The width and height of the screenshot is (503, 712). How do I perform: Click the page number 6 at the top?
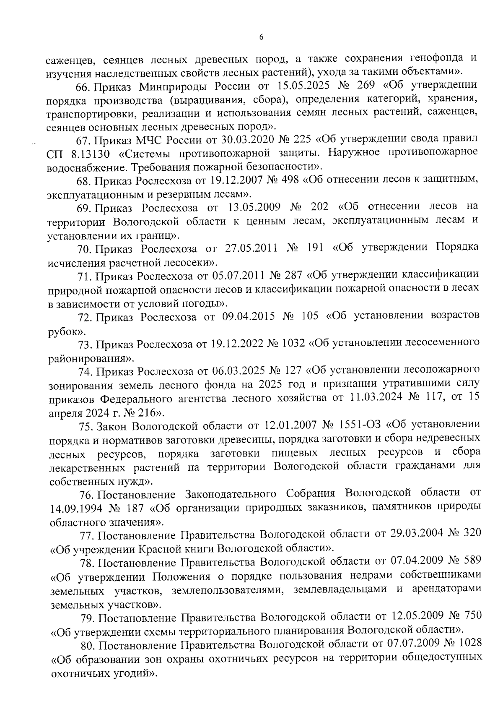click(x=261, y=37)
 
